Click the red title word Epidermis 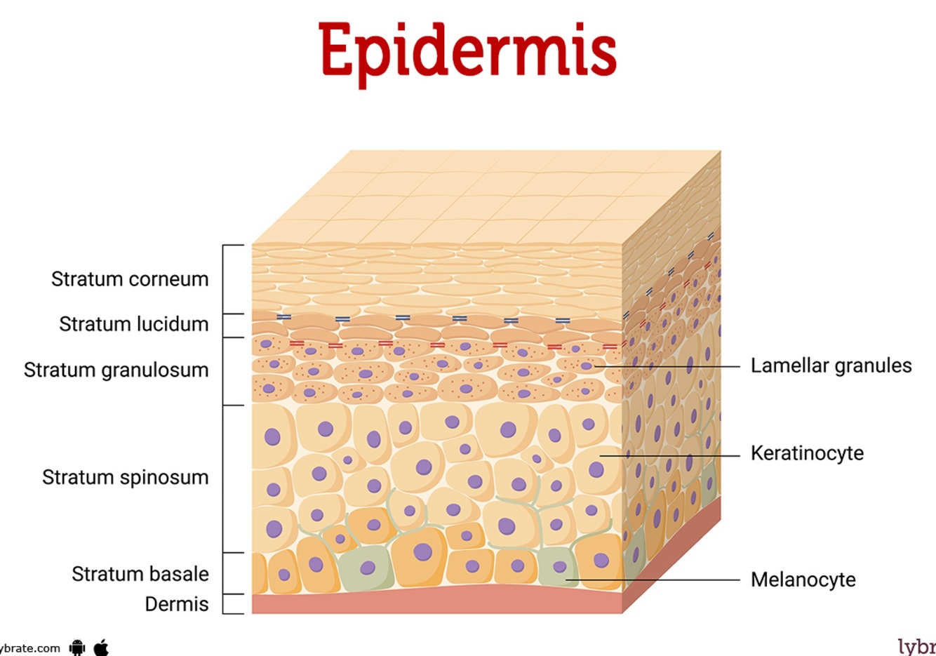[x=467, y=51]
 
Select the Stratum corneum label [x=130, y=279]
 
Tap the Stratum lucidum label [x=133, y=324]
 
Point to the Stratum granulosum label [x=116, y=370]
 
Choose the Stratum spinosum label [x=125, y=477]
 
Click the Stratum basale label [x=140, y=574]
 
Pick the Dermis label [x=176, y=604]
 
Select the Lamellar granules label [x=831, y=366]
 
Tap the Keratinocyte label [x=807, y=453]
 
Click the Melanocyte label [x=803, y=580]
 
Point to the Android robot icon [x=77, y=648]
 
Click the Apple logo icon [x=101, y=647]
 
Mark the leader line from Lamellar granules [x=667, y=366]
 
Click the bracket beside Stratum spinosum [x=224, y=478]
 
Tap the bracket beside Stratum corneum [x=224, y=279]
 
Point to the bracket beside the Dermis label [x=224, y=604]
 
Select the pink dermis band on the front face [x=435, y=602]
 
